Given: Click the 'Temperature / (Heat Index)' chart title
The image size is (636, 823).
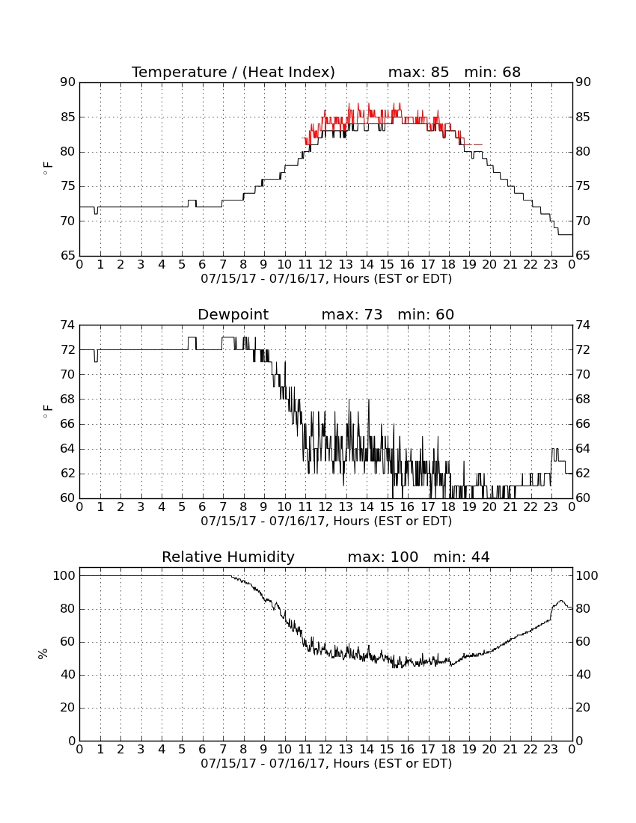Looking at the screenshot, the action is (x=233, y=73).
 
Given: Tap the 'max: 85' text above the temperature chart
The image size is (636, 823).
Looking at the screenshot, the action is (x=418, y=73).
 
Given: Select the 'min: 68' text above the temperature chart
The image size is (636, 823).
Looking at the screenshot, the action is (x=492, y=73).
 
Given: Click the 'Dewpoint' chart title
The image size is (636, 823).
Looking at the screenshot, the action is (x=233, y=315).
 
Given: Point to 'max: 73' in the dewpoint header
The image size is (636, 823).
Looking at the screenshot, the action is (x=352, y=315).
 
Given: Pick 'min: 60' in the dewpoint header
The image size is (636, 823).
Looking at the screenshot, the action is (x=426, y=315).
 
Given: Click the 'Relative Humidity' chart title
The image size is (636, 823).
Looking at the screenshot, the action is (x=228, y=557).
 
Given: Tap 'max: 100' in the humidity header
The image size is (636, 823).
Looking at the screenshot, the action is (x=383, y=557).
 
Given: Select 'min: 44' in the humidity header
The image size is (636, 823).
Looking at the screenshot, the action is (x=461, y=557).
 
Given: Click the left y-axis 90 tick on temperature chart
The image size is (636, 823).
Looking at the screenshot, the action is (x=69, y=82).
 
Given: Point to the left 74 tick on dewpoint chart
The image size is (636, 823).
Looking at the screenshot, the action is (x=69, y=325).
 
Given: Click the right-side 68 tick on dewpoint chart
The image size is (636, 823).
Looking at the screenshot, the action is (x=583, y=400).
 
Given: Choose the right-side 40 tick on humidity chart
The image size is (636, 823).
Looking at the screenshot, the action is (x=583, y=675).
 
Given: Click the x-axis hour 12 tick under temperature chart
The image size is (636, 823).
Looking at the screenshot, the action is (x=325, y=265).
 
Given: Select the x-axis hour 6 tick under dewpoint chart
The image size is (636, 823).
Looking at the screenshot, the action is (x=203, y=507).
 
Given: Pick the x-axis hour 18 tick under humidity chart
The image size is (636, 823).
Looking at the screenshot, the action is (x=449, y=750).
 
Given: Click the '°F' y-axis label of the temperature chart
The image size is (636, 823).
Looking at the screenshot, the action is (x=48, y=168).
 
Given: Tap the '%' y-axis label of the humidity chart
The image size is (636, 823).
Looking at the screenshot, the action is (x=43, y=654).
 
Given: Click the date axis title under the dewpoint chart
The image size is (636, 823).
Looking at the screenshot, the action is (x=326, y=521).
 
